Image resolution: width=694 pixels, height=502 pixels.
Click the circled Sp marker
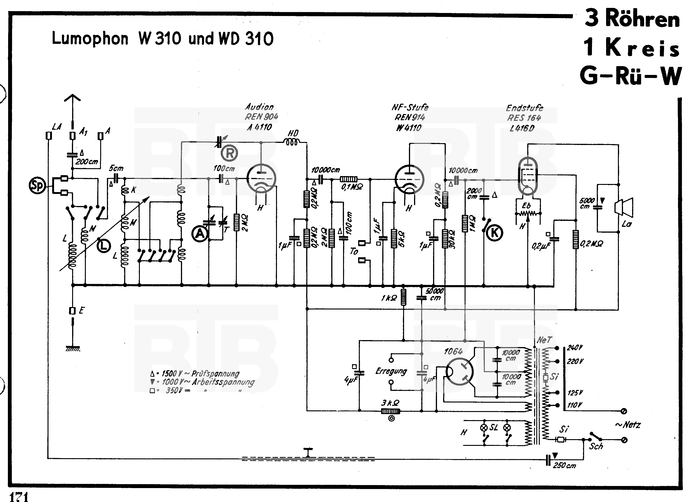37,186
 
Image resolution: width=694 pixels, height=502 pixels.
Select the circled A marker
200,234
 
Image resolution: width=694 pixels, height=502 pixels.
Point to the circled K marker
495,233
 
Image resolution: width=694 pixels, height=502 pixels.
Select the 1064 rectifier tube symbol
459,372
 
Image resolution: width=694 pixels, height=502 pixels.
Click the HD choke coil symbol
292,142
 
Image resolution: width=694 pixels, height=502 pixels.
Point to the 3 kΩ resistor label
390,403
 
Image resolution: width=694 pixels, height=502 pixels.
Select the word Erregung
391,371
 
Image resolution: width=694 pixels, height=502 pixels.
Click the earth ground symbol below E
73,348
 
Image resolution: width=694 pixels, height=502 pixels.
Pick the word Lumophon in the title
90,39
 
